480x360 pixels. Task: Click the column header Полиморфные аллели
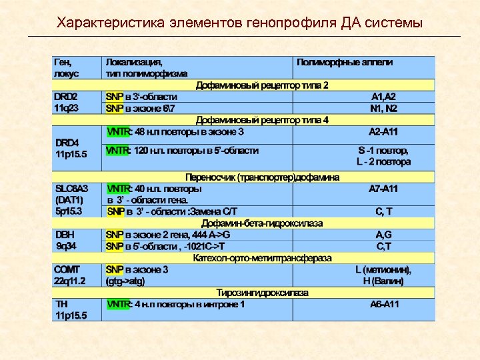tap(345, 62)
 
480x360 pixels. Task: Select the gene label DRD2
tap(65, 96)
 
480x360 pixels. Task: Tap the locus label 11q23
tap(66, 107)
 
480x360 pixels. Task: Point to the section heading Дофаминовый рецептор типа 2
tap(262, 85)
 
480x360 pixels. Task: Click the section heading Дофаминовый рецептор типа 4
tap(262, 120)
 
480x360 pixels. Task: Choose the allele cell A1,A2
tap(383, 96)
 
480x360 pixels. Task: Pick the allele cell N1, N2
tap(383, 107)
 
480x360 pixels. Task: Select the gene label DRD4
tap(66, 142)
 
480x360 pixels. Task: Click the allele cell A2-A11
tap(383, 131)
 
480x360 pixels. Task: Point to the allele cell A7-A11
tap(383, 189)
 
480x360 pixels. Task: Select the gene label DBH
tap(65, 235)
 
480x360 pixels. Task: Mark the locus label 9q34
tap(66, 246)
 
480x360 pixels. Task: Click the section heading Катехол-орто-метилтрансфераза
tap(262, 257)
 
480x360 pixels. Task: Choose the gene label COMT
tap(67, 269)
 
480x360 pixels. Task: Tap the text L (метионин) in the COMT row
tap(383, 269)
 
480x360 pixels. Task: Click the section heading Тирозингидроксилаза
tap(262, 292)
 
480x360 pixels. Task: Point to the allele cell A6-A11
tap(385, 304)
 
